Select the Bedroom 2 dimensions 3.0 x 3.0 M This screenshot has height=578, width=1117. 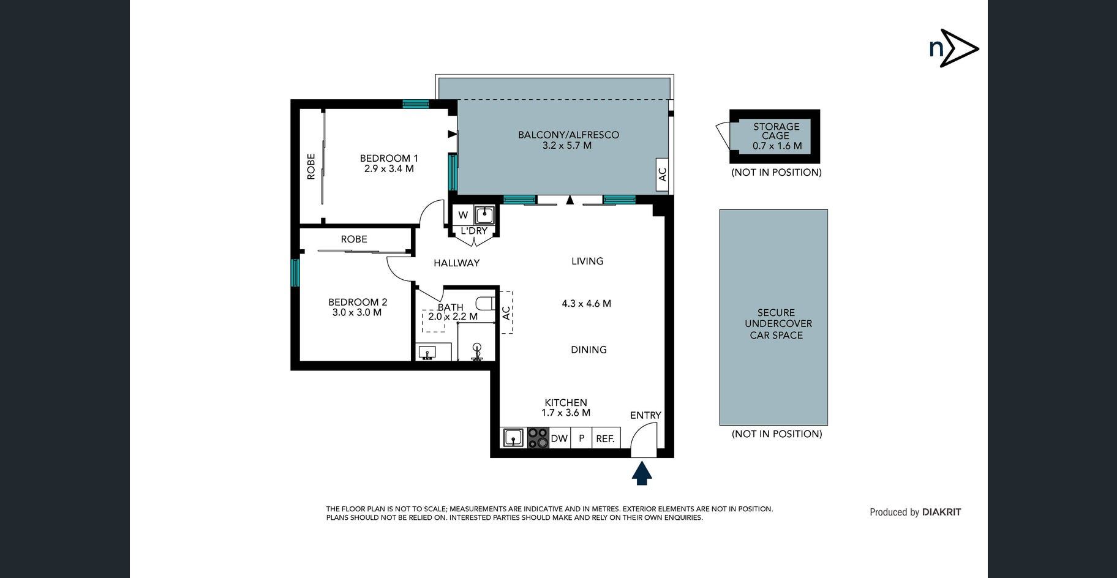point(357,312)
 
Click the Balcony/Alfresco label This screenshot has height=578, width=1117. point(568,135)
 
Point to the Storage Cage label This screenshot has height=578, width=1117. point(776,131)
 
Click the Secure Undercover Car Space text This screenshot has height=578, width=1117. point(777,324)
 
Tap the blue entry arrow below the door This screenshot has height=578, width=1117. point(642,473)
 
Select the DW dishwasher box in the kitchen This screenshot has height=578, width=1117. point(560,438)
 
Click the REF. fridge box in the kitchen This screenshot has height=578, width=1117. point(606,438)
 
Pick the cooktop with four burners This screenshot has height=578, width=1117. point(538,438)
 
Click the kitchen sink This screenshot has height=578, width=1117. point(513,438)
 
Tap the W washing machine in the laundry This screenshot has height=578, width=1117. point(463,215)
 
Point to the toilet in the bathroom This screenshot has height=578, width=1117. point(486,304)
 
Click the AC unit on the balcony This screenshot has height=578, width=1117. point(662,174)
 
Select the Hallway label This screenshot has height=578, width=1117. point(456,263)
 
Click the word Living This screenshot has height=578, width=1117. point(587,261)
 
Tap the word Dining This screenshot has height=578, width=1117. point(589,350)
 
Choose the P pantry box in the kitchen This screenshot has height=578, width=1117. point(582,438)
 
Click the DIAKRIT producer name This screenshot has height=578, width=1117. point(941,512)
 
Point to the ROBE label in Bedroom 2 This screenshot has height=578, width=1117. point(354,239)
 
